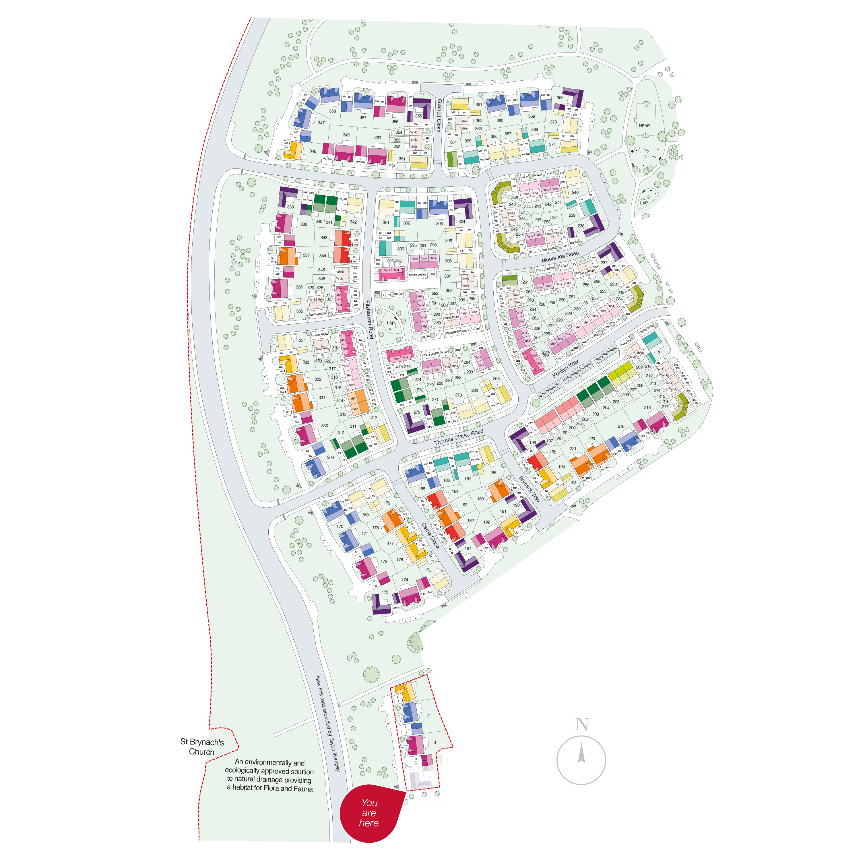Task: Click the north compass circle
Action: (x=581, y=760)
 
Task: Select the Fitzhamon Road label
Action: (x=369, y=319)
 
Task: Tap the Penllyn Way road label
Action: (x=565, y=369)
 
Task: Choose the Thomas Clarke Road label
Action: (x=459, y=437)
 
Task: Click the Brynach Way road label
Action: (x=530, y=489)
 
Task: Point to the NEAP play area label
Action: (x=644, y=126)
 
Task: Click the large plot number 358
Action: (x=332, y=111)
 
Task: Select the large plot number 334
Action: (x=302, y=340)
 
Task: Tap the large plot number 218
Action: (x=647, y=407)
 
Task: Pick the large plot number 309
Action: (x=330, y=457)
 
